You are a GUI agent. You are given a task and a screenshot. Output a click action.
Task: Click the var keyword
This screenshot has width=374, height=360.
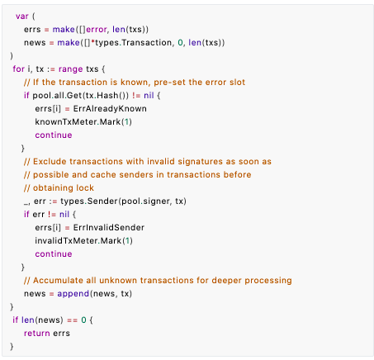tap(22, 17)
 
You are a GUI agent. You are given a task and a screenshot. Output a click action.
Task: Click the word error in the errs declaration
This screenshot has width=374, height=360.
tap(97, 30)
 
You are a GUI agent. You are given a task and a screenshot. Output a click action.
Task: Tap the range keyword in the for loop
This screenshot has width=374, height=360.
tap(71, 69)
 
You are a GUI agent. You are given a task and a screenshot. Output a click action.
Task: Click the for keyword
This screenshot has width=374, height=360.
tap(19, 69)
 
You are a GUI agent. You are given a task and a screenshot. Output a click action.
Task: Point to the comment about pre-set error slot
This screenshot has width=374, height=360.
tap(135, 82)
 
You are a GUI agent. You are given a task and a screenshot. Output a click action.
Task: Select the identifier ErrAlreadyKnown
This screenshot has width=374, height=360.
tap(110, 109)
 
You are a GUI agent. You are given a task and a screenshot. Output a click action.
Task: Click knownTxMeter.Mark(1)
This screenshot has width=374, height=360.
tap(83, 122)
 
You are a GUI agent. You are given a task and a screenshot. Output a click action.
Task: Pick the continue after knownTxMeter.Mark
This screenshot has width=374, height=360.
tap(54, 135)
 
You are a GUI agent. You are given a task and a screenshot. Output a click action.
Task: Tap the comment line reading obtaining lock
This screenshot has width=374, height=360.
tap(59, 188)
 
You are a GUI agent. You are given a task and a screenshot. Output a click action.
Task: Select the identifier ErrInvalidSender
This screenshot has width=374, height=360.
tap(109, 228)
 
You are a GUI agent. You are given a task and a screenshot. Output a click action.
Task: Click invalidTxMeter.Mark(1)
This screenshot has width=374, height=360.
tap(84, 241)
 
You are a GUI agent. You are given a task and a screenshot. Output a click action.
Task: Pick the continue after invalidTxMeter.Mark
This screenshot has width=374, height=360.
tap(54, 254)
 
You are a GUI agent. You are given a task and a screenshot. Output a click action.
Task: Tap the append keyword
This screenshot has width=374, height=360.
tap(73, 294)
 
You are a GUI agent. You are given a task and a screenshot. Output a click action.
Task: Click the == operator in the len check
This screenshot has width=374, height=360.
tap(73, 320)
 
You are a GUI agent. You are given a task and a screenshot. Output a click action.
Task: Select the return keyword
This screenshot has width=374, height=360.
tap(37, 334)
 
